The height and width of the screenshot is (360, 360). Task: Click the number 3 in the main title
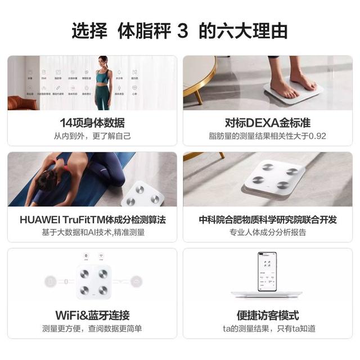[x=182, y=30]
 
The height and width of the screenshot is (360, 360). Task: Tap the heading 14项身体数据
[x=92, y=123]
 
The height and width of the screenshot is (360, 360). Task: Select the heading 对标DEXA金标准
[x=267, y=123]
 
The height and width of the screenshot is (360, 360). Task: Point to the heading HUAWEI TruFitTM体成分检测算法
[x=92, y=219]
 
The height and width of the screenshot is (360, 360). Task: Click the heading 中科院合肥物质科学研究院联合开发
[x=267, y=219]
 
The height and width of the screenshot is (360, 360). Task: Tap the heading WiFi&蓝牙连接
[x=92, y=315]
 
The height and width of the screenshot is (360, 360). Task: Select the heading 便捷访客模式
[x=267, y=315]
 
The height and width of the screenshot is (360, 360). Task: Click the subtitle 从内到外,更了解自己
[x=92, y=136]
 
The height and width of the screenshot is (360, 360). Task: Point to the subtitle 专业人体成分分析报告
[x=267, y=232]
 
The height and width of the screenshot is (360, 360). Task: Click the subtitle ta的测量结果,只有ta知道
[x=267, y=328]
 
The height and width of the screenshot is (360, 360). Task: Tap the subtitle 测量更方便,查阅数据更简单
[x=92, y=328]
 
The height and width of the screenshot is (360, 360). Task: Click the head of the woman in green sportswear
[x=103, y=61]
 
